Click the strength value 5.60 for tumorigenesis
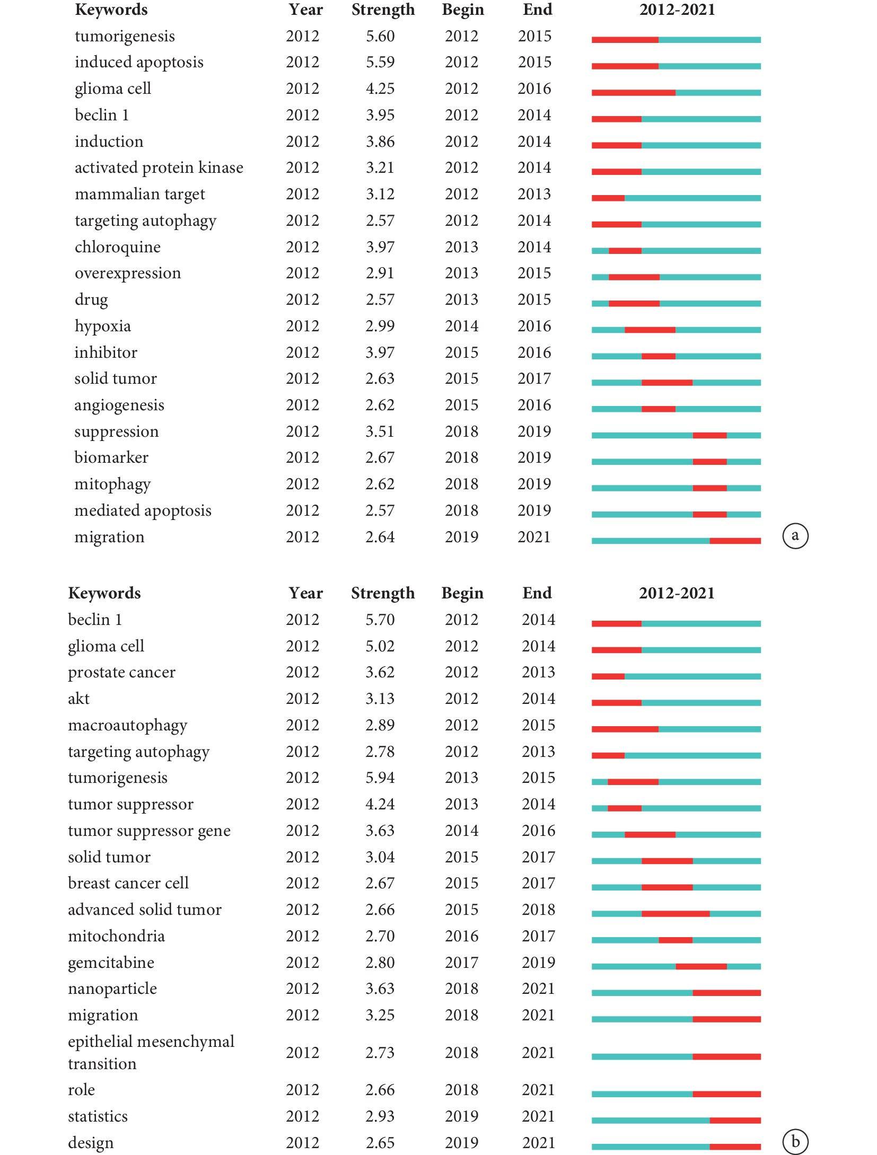pyautogui.click(x=380, y=36)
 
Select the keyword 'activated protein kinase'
pyautogui.click(x=159, y=167)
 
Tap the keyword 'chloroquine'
pyautogui.click(x=118, y=247)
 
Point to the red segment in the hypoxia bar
pyautogui.click(x=650, y=330)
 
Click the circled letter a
pyautogui.click(x=795, y=536)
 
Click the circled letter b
pyautogui.click(x=795, y=1142)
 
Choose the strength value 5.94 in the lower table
pyautogui.click(x=380, y=778)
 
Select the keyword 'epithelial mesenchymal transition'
pyautogui.click(x=151, y=1053)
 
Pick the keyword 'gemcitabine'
pyautogui.click(x=111, y=963)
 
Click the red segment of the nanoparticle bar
pyautogui.click(x=727, y=993)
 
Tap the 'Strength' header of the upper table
pyautogui.click(x=383, y=10)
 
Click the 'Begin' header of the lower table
pyautogui.click(x=462, y=593)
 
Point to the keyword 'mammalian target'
pyautogui.click(x=140, y=194)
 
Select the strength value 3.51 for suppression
pyautogui.click(x=380, y=431)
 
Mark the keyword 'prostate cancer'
pyautogui.click(x=122, y=672)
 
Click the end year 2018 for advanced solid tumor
pyautogui.click(x=539, y=910)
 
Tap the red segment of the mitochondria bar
pyautogui.click(x=676, y=940)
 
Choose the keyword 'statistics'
pyautogui.click(x=98, y=1116)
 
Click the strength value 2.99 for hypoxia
pyautogui.click(x=380, y=326)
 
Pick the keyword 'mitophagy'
pyautogui.click(x=113, y=484)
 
